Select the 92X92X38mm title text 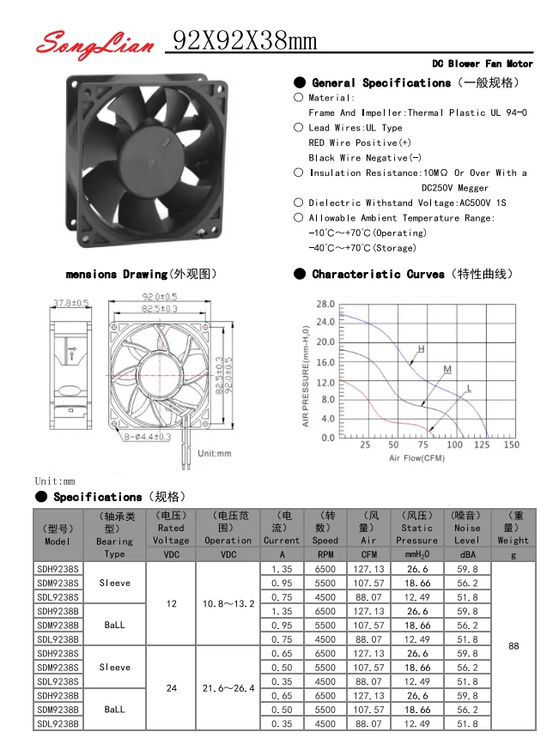tap(245, 39)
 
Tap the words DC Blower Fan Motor tap(482, 64)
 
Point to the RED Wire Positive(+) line tap(360, 142)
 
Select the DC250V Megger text tap(455, 187)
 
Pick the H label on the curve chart tap(421, 349)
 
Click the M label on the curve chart tap(447, 369)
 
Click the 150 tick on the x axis tap(511, 445)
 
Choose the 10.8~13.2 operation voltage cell tap(228, 604)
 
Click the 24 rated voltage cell tap(171, 688)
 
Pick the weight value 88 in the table tap(513, 646)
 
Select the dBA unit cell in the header tap(467, 554)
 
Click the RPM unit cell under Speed tap(325, 554)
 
